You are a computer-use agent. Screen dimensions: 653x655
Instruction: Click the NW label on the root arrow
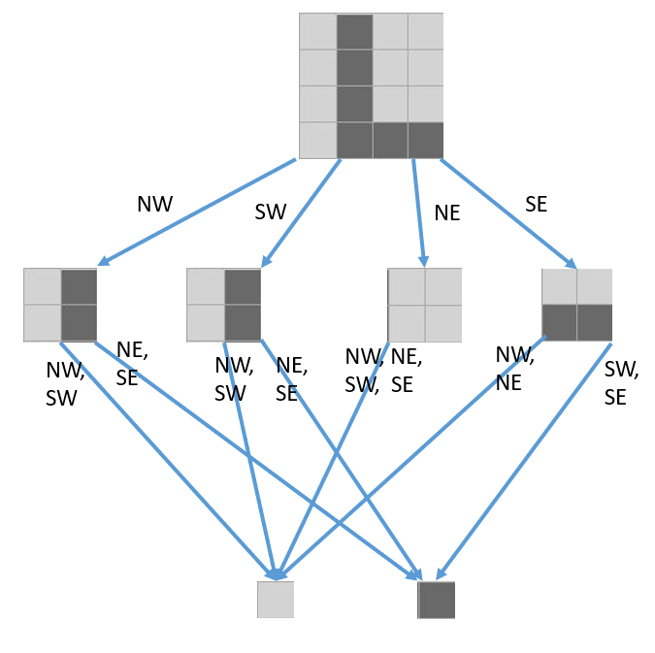[155, 204]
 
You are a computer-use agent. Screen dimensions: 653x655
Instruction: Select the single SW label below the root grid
[271, 212]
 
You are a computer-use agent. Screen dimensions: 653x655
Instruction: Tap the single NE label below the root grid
[447, 213]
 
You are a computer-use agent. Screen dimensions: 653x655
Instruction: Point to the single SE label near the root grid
[536, 204]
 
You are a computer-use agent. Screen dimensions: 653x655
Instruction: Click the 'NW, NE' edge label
[514, 369]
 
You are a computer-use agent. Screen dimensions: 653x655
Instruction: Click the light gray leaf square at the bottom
[276, 600]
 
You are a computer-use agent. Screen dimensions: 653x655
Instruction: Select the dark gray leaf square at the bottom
[437, 600]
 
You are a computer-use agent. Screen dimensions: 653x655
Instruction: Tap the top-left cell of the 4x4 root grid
[317, 31]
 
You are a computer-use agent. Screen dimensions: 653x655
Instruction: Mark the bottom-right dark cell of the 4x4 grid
[426, 140]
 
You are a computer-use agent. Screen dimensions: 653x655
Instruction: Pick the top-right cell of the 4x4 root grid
[426, 31]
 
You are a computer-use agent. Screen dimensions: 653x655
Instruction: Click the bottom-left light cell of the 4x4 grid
[317, 140]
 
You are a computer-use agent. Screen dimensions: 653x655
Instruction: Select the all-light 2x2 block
[425, 306]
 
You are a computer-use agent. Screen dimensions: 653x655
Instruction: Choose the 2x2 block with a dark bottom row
[577, 305]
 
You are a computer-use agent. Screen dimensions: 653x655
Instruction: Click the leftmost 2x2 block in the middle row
[60, 306]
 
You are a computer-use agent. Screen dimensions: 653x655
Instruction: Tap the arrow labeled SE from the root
[508, 212]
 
